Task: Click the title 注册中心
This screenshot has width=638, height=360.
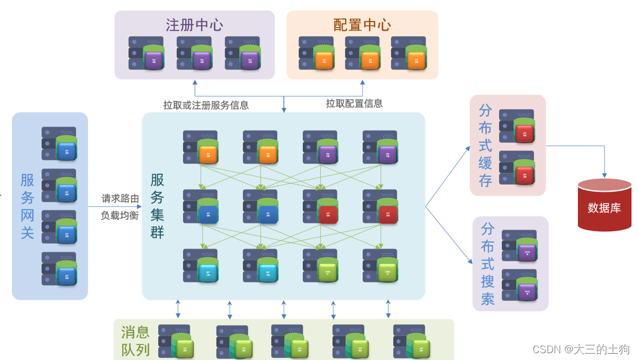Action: (194, 25)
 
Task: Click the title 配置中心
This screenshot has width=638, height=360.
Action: (362, 25)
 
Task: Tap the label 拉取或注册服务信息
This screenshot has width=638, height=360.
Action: (206, 105)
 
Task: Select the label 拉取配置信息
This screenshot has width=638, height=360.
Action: (354, 103)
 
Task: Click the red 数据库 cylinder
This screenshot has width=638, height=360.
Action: (604, 205)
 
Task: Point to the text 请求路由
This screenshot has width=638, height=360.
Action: (120, 198)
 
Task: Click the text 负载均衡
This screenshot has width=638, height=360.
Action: (120, 215)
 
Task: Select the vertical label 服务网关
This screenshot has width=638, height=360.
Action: (27, 206)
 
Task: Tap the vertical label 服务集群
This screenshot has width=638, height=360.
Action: (157, 206)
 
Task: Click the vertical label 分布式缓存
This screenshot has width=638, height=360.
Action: (485, 145)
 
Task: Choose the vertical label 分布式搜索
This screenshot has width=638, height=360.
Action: (487, 264)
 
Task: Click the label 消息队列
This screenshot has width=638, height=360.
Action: (135, 340)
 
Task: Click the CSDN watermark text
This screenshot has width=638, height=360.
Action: (581, 349)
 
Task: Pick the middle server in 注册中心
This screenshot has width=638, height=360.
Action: (195, 53)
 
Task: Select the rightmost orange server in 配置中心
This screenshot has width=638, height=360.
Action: (409, 53)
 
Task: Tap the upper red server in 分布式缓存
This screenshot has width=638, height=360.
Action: (517, 126)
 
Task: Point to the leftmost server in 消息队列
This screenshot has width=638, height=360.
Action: (175, 342)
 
